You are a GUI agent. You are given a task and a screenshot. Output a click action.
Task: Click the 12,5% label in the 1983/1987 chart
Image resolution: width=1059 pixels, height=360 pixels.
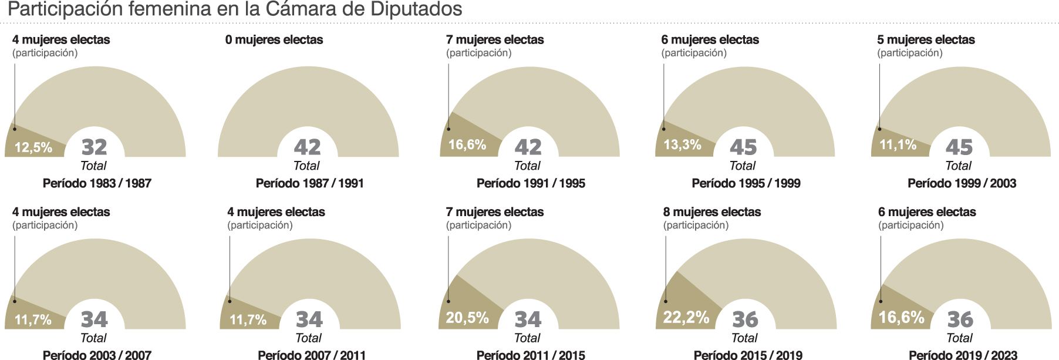pos(33,147)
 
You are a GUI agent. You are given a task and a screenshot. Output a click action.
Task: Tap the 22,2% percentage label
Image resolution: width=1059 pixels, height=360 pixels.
pos(686,318)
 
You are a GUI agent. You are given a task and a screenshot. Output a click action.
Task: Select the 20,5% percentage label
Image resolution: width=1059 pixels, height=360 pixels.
pos(467,318)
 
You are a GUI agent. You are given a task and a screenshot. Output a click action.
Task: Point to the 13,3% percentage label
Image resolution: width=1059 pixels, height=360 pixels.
pos(682,144)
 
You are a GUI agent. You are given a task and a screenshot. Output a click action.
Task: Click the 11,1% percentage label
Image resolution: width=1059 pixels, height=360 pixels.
pos(898,144)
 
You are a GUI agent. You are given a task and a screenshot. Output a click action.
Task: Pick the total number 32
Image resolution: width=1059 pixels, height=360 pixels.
pos(94,147)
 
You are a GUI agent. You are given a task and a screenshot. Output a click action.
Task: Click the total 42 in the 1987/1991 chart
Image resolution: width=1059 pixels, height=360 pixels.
pos(307,147)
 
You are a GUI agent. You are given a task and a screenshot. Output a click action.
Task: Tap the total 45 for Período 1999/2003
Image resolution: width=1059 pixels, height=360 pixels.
pos(959,147)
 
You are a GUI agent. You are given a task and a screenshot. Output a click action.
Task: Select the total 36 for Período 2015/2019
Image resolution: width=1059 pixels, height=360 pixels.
pos(745,319)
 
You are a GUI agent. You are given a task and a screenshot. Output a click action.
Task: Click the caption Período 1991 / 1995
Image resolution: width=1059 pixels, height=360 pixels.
pos(531,183)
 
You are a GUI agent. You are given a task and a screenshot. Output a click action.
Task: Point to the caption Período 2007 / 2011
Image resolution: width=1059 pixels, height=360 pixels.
pos(312,355)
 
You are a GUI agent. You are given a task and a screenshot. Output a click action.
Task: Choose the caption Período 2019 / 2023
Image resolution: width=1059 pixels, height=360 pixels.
pos(963,355)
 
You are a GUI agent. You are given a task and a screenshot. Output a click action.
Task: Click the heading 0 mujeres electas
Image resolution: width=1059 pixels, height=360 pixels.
pos(274,40)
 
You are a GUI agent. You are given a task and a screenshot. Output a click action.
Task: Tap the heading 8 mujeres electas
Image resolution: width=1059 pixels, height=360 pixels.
pos(712,212)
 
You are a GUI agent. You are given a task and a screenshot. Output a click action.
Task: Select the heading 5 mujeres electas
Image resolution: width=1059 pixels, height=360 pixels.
pos(926,40)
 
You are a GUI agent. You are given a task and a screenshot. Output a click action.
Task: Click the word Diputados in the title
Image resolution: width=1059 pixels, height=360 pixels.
pos(416,9)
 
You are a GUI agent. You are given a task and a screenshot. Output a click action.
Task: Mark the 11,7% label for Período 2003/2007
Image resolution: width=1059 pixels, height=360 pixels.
pos(33,320)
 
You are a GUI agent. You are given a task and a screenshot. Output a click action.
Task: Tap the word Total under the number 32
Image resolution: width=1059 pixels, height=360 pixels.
pos(93,166)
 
